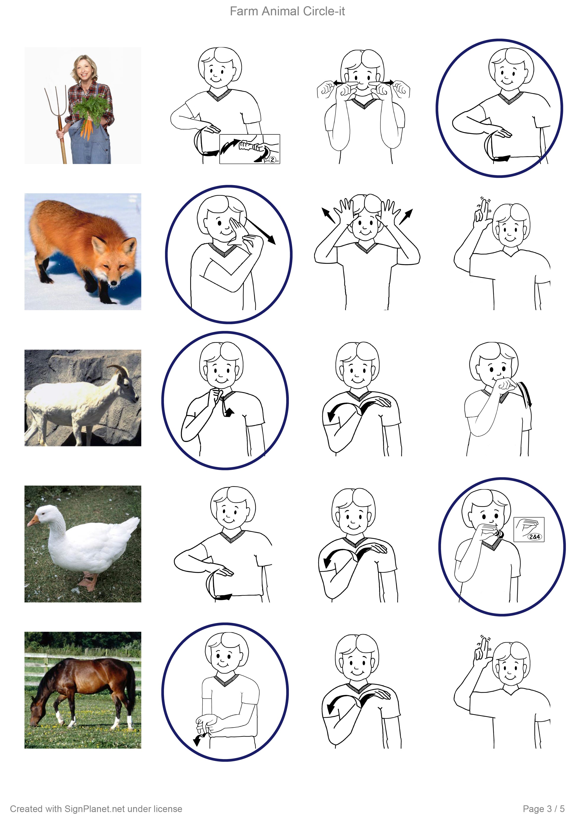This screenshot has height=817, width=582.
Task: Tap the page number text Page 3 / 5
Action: (544, 809)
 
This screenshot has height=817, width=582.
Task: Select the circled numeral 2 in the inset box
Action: (272, 160)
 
